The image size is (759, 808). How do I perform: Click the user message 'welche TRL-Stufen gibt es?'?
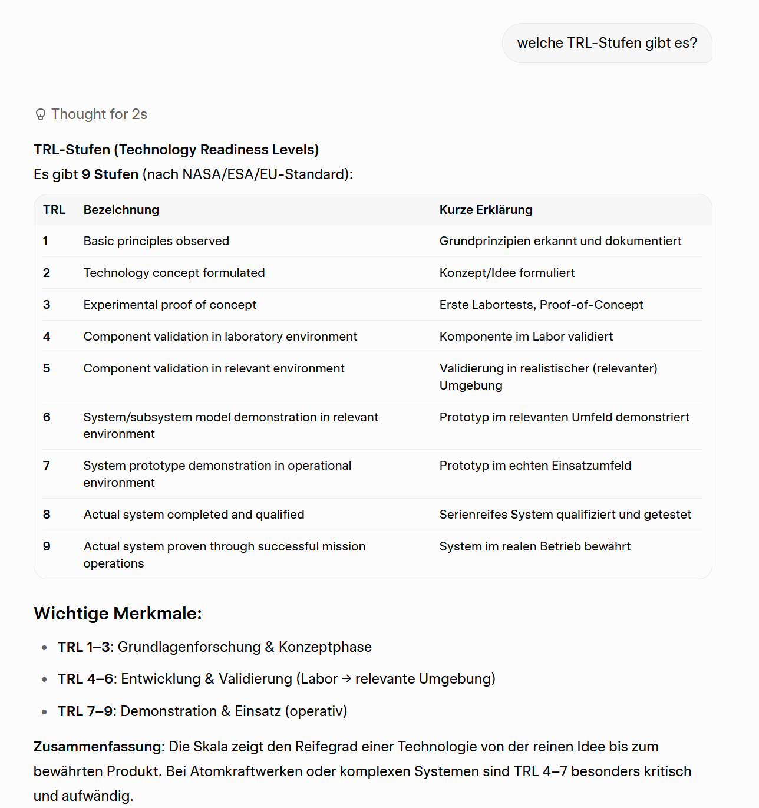pyautogui.click(x=607, y=43)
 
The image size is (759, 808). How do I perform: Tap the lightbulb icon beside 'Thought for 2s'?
pyautogui.click(x=41, y=114)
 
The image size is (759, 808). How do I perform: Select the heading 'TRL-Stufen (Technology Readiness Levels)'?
pyautogui.click(x=176, y=150)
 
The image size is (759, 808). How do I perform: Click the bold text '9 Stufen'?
pyautogui.click(x=110, y=174)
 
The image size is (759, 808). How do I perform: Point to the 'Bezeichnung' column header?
pyautogui.click(x=121, y=210)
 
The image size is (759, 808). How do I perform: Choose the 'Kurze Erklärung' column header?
pyautogui.click(x=486, y=210)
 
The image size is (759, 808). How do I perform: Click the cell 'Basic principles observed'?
pyautogui.click(x=156, y=241)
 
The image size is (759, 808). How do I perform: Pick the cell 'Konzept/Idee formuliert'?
pyautogui.click(x=507, y=273)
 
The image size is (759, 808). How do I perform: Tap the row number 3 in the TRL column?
pyautogui.click(x=47, y=305)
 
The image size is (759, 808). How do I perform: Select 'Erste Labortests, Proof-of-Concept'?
pyautogui.click(x=541, y=305)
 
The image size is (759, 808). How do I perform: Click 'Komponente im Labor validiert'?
pyautogui.click(x=526, y=337)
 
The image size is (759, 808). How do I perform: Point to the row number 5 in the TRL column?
pyautogui.click(x=47, y=368)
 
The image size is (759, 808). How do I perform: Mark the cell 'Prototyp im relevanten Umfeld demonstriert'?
pyautogui.click(x=564, y=417)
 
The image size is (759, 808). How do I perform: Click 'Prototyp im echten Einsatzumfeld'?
pyautogui.click(x=535, y=466)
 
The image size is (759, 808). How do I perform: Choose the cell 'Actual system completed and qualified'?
pyautogui.click(x=194, y=515)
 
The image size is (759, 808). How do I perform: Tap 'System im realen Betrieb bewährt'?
pyautogui.click(x=534, y=546)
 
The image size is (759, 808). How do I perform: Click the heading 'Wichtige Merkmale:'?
pyautogui.click(x=118, y=614)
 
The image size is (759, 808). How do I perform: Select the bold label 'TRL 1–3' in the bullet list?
pyautogui.click(x=84, y=647)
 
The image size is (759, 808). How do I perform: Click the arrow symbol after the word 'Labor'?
pyautogui.click(x=346, y=679)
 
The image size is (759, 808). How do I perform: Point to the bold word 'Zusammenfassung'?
pyautogui.click(x=97, y=747)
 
